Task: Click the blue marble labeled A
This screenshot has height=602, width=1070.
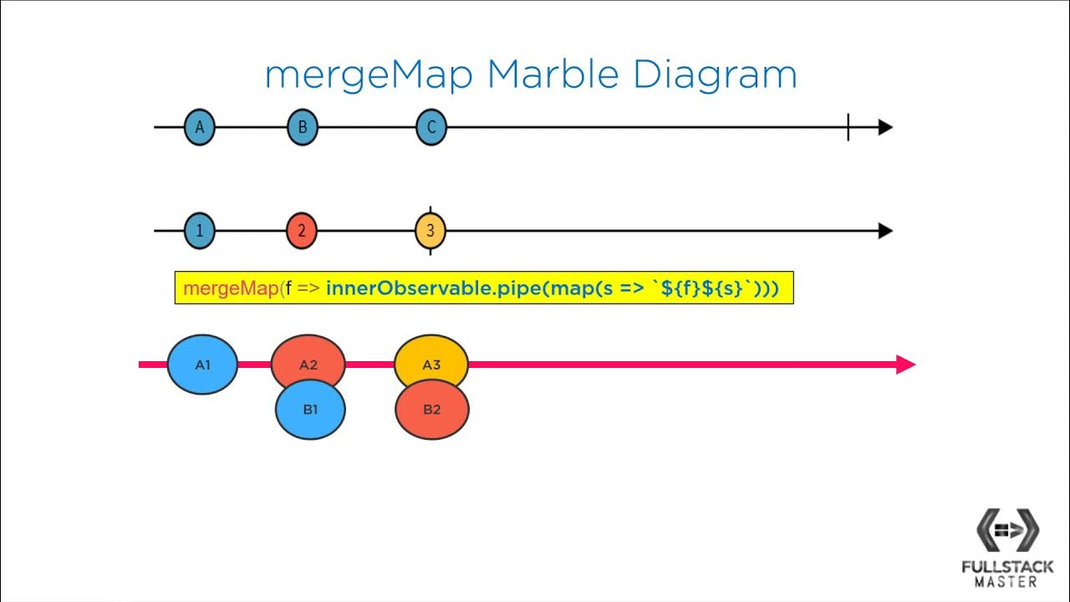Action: [x=199, y=128]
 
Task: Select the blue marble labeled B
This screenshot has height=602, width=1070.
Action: [x=303, y=128]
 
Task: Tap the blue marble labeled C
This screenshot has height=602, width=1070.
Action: [x=431, y=128]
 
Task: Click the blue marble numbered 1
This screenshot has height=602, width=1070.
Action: [x=199, y=232]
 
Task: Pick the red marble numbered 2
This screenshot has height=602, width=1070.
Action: [x=302, y=232]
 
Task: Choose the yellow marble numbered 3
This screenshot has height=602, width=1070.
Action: [x=431, y=232]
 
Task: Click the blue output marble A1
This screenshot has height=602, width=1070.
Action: [x=202, y=365]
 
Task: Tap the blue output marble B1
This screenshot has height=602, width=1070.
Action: [x=310, y=411]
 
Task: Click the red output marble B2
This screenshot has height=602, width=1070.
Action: [x=431, y=411]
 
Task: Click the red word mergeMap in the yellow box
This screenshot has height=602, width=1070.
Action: [x=231, y=288]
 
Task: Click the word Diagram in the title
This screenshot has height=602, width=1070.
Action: [x=715, y=75]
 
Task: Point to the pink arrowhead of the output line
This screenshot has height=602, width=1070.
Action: [x=906, y=365]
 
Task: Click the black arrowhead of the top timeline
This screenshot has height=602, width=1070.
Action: [x=885, y=128]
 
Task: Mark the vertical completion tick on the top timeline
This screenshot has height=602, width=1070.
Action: [x=848, y=128]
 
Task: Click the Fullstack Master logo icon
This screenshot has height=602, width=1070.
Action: [x=1007, y=530]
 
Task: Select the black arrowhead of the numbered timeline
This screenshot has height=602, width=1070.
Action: [x=885, y=232]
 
